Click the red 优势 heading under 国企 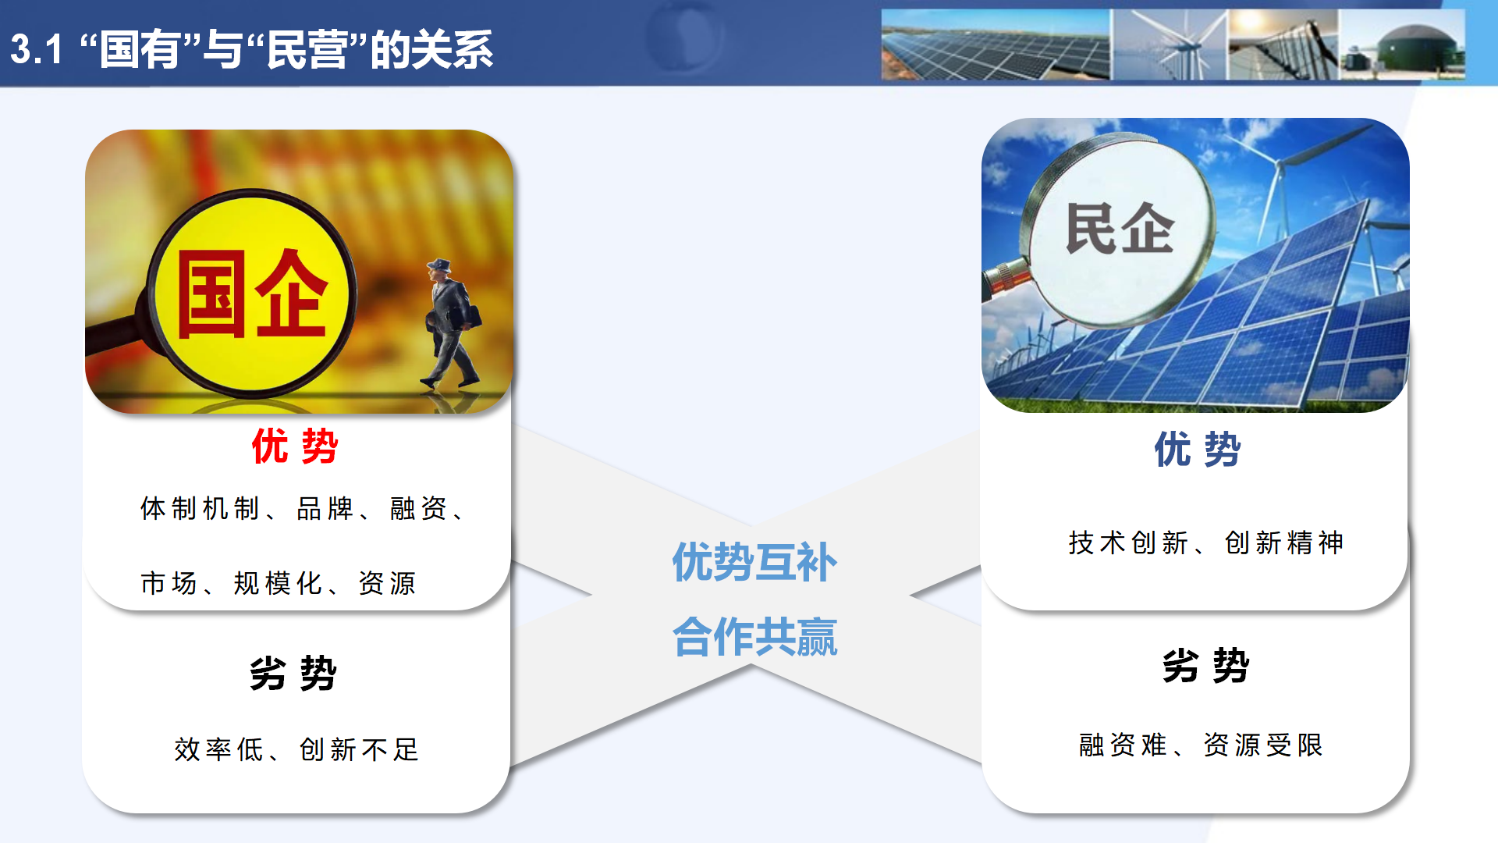click(294, 446)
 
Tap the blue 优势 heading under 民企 click(1197, 450)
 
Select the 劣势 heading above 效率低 click(293, 673)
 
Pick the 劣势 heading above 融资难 click(1205, 666)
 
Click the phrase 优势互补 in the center click(754, 562)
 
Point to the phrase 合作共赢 click(754, 637)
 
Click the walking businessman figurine click(451, 324)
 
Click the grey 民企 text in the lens click(1120, 229)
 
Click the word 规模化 click(278, 583)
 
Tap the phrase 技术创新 click(1128, 542)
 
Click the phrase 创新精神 click(1284, 542)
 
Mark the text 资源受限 click(1263, 745)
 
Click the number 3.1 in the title click(36, 49)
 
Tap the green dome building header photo click(1403, 45)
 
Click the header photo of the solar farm click(995, 45)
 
